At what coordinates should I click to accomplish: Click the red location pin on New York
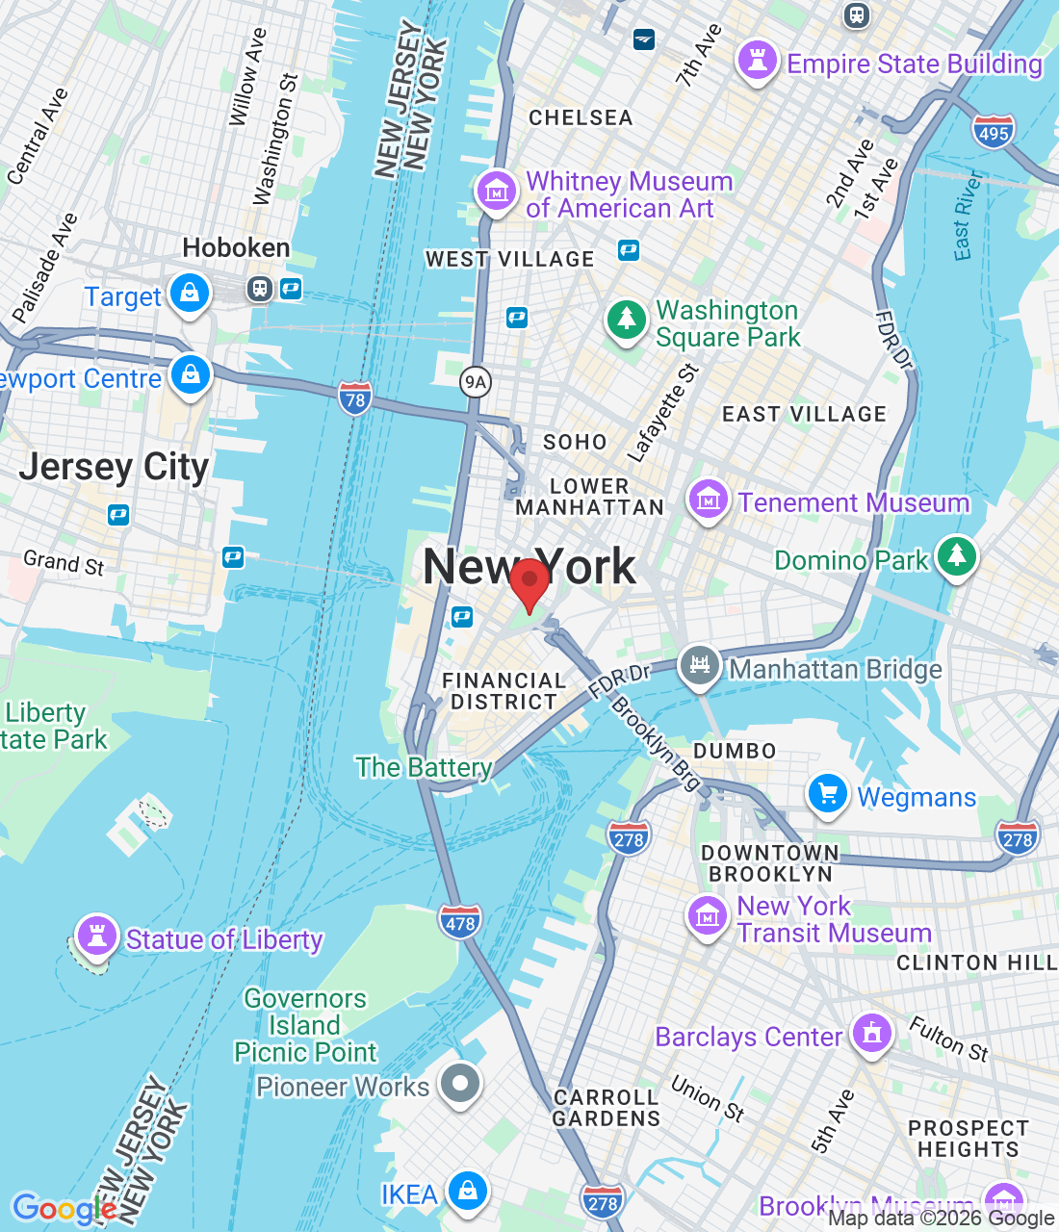tap(529, 581)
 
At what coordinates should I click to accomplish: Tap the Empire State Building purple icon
tap(757, 61)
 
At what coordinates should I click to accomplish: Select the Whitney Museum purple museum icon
tap(497, 192)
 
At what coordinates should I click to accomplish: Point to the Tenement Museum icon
tap(708, 500)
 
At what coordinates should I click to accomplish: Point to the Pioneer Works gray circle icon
tap(460, 1084)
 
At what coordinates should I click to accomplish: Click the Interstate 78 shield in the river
tap(355, 399)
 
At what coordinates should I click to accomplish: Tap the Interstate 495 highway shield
tap(994, 133)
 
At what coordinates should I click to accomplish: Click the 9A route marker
tap(476, 382)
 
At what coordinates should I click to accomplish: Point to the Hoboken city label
tap(236, 248)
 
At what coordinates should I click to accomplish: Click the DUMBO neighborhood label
tap(735, 751)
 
